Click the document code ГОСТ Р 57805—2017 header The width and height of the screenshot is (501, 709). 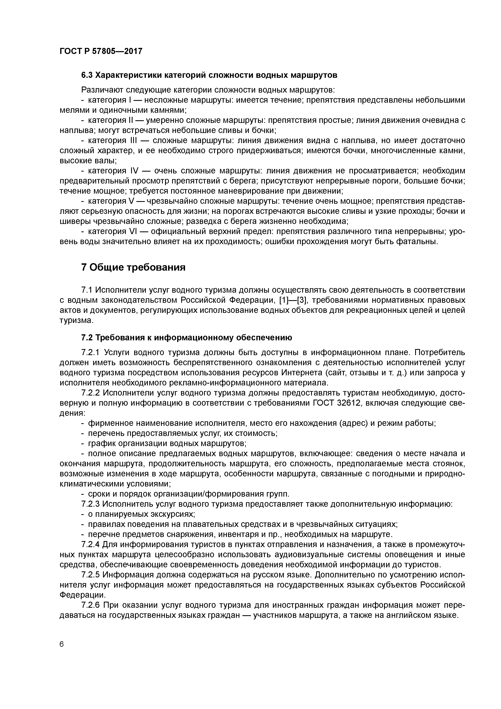[x=101, y=51]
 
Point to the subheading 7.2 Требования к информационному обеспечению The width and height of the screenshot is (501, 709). [x=186, y=338]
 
